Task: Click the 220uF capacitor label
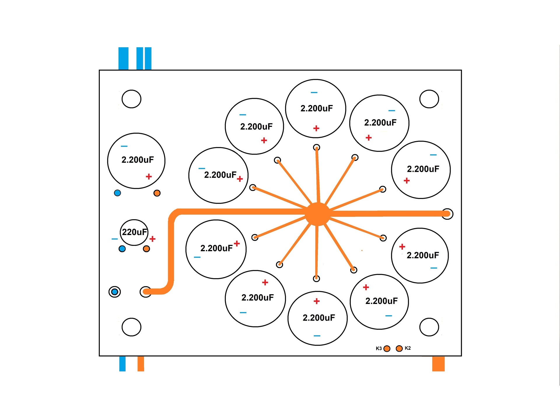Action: pos(134,232)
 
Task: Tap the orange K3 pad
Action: pos(387,349)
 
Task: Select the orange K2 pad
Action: pos(399,348)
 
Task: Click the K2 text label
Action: pos(408,348)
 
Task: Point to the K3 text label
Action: pos(379,349)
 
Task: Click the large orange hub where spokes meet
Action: pos(317,214)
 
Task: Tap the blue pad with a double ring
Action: pos(115,292)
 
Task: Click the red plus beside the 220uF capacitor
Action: pos(152,239)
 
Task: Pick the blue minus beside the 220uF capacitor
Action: pos(115,239)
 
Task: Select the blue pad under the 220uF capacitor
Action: pos(122,249)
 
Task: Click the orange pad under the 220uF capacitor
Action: pos(146,249)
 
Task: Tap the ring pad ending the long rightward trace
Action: pos(447,214)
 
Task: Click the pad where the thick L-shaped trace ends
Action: pos(146,291)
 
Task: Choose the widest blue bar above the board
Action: pos(123,58)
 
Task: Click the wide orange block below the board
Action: pos(438,364)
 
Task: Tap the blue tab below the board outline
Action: pos(123,364)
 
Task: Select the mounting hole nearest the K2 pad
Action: pos(429,327)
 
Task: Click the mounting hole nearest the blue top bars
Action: pos(132,99)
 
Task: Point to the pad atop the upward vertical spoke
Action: pos(316,148)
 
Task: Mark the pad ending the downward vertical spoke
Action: pos(316,279)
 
